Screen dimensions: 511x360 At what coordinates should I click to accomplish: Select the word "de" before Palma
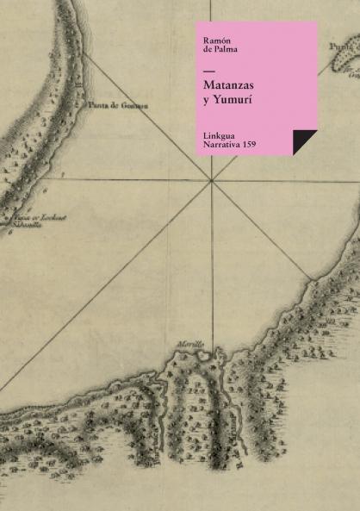[x=208, y=50]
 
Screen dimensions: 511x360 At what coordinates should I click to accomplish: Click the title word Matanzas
[x=228, y=86]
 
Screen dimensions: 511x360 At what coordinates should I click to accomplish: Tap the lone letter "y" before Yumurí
[x=207, y=101]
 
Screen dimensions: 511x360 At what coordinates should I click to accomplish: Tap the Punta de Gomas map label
[x=118, y=105]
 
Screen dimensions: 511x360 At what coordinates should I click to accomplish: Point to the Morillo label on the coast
[x=190, y=344]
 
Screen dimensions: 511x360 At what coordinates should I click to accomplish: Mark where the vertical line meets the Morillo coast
[x=212, y=355]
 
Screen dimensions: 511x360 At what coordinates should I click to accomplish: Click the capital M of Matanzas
[x=208, y=86]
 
